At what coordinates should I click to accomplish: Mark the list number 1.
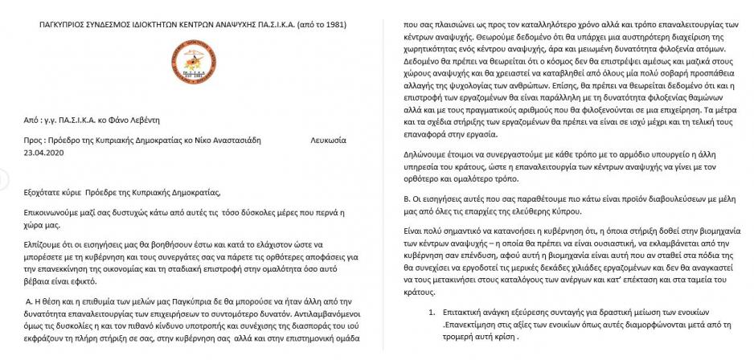431,309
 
